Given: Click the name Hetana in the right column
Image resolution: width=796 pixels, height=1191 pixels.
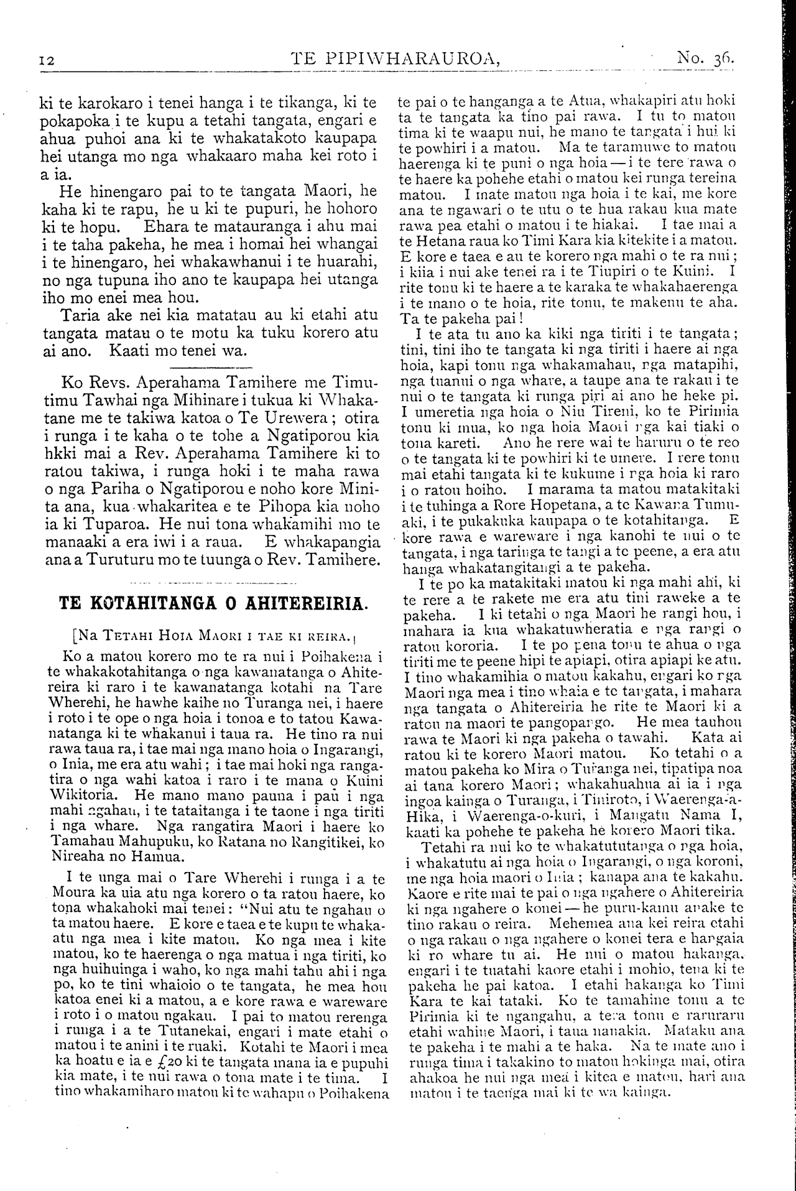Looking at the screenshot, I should pyautogui.click(x=438, y=240).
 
